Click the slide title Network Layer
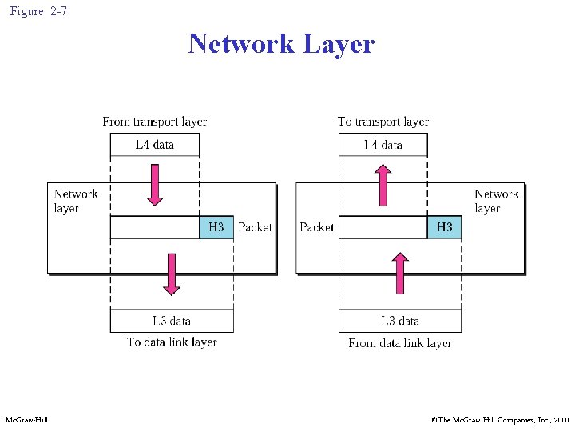click(281, 43)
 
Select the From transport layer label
click(154, 122)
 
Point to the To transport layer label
click(383, 122)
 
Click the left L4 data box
click(154, 145)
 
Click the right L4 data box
click(383, 145)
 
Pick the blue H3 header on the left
click(216, 227)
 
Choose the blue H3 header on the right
click(444, 227)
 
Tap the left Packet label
click(255, 227)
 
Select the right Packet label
click(317, 227)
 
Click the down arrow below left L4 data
click(155, 185)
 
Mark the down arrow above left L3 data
click(171, 274)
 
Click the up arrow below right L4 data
click(383, 185)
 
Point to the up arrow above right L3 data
click(400, 274)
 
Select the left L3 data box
click(172, 321)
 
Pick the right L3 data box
click(400, 321)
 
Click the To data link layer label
click(172, 342)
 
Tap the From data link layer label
click(400, 343)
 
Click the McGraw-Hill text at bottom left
click(26, 420)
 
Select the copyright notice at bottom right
click(500, 420)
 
